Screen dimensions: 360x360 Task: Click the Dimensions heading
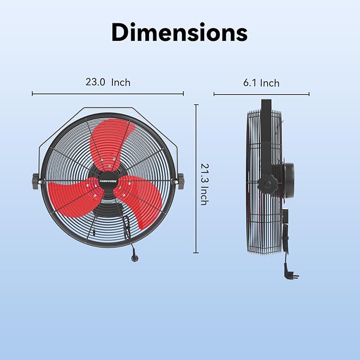click(179, 32)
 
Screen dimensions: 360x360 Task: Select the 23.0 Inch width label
click(108, 82)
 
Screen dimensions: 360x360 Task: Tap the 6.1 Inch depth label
click(261, 83)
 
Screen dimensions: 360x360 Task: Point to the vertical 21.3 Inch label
click(203, 183)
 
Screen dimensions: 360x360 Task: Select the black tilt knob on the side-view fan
click(267, 185)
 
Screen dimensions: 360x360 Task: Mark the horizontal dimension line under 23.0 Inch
click(108, 94)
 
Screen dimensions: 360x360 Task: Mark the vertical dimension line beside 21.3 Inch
click(196, 179)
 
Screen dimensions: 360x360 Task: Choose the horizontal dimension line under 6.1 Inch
click(261, 95)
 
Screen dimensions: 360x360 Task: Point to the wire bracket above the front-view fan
click(108, 110)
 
